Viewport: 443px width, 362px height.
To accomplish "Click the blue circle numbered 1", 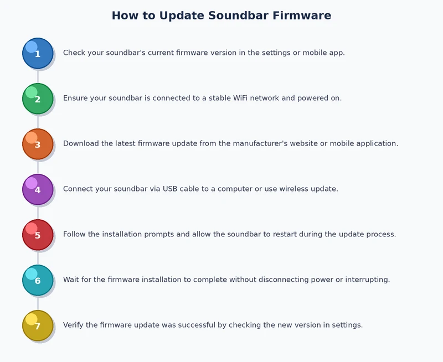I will tap(38, 53).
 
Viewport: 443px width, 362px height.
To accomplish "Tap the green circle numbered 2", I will tap(38, 99).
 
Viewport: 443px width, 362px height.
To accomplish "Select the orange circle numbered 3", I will tap(38, 144).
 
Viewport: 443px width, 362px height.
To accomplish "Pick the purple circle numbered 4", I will tap(38, 189).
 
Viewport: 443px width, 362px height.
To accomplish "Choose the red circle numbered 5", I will tap(38, 235).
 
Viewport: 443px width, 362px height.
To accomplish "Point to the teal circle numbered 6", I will tap(38, 280).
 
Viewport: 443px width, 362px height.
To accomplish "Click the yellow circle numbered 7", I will tap(38, 325).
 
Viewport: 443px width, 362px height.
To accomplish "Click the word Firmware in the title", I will tap(302, 15).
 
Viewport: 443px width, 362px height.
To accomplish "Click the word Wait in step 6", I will tap(72, 280).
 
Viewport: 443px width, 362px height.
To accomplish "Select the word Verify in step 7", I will tap(74, 325).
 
